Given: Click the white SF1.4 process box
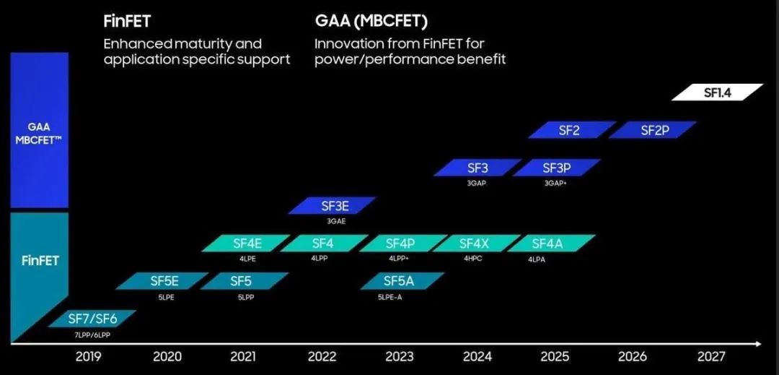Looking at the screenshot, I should pyautogui.click(x=717, y=92).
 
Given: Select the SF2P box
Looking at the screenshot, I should pyautogui.click(x=652, y=130).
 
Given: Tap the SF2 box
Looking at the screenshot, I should pyautogui.click(x=571, y=130).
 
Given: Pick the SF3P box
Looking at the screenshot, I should pyautogui.click(x=556, y=168).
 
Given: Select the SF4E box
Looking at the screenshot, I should pyautogui.click(x=247, y=243).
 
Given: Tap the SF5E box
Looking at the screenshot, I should pyautogui.click(x=164, y=281).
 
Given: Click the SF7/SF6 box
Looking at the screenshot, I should pyautogui.click(x=92, y=319).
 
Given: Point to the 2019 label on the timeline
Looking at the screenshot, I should pyautogui.click(x=88, y=356).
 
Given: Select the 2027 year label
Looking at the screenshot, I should pyautogui.click(x=710, y=356).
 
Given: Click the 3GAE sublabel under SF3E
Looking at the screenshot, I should pyautogui.click(x=336, y=221).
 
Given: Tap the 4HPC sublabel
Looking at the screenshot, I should pyautogui.click(x=474, y=259).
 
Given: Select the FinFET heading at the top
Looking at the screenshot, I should pyautogui.click(x=127, y=21).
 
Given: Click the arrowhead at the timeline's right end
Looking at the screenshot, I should pyautogui.click(x=757, y=344).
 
